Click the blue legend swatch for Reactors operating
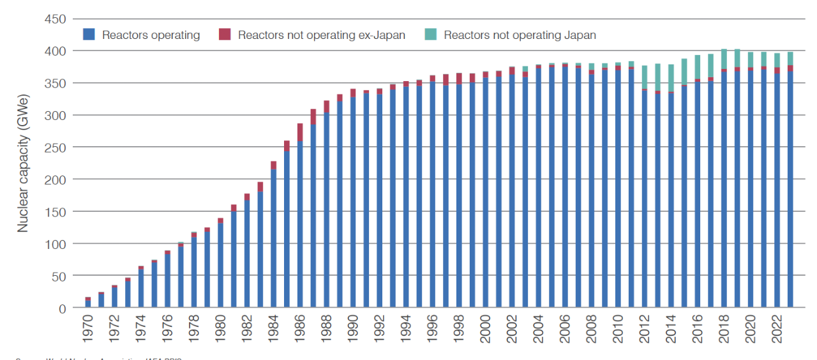coord(89,34)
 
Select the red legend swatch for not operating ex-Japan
coord(225,34)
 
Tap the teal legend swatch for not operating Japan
coord(431,34)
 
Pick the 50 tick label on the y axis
coord(57,276)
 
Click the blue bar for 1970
coord(88,304)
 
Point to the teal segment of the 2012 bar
coord(645,77)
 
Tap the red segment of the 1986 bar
coord(300,132)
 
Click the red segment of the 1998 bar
coord(459,78)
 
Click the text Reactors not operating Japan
coord(520,35)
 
